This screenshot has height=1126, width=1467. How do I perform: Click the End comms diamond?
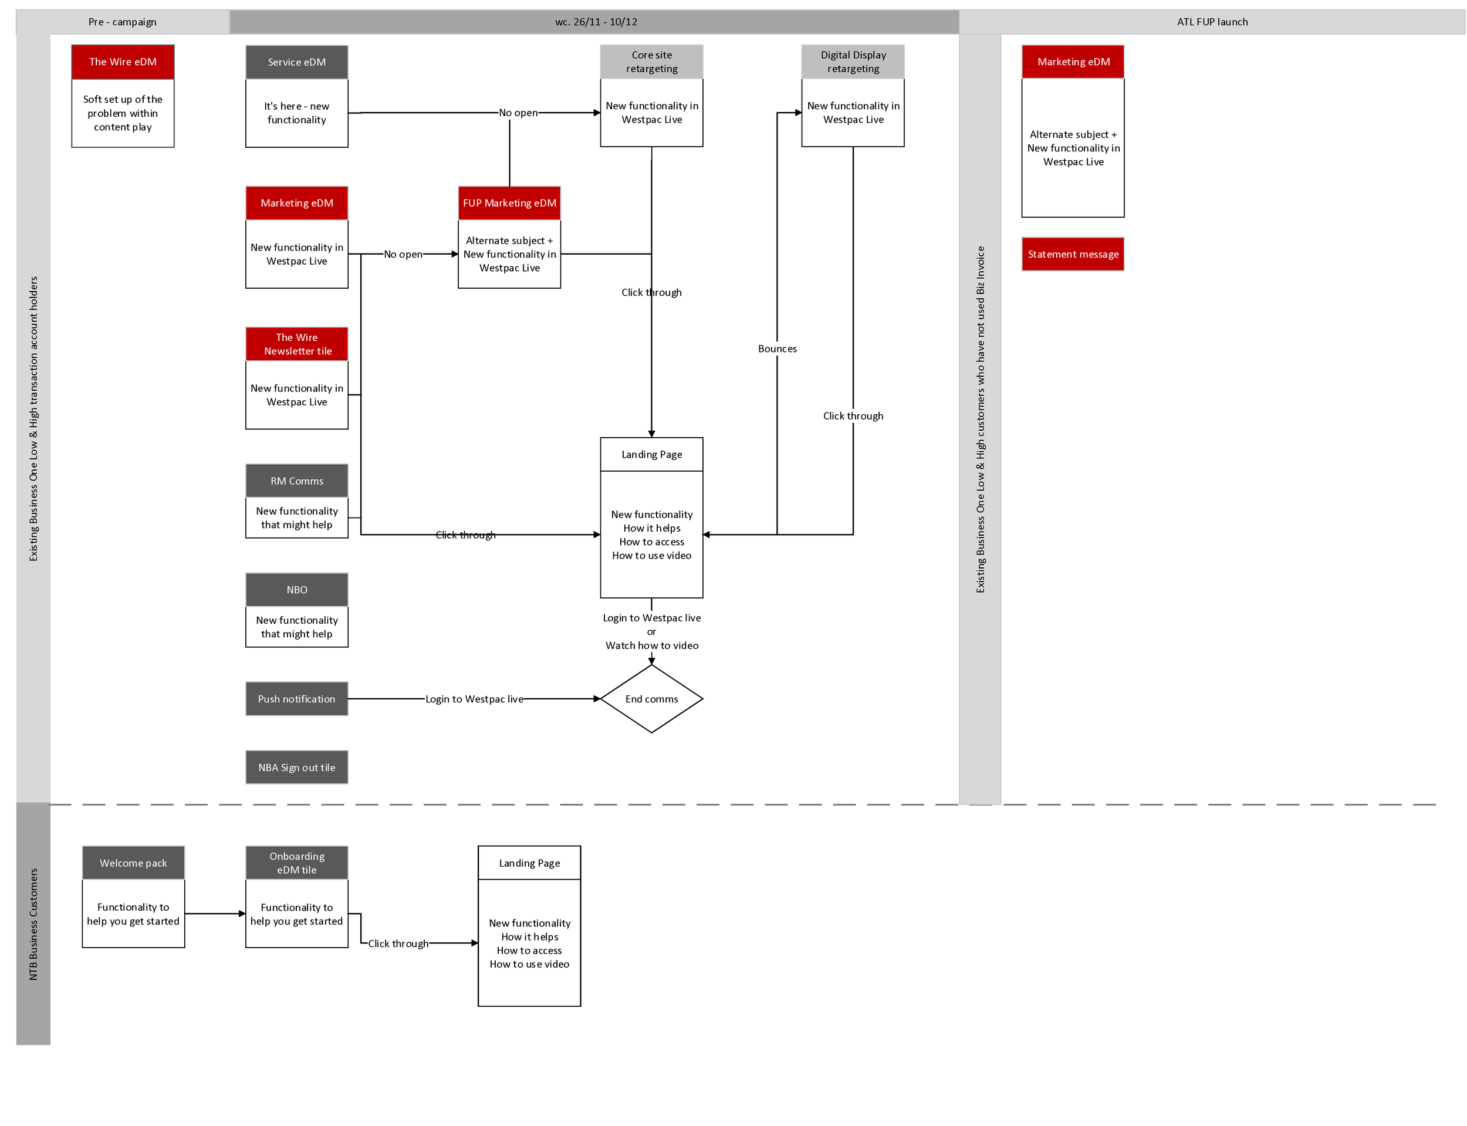pos(651,698)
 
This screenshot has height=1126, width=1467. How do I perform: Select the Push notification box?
pos(296,698)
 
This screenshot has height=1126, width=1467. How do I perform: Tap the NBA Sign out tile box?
pos(296,767)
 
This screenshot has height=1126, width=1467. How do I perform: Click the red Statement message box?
pos(1072,254)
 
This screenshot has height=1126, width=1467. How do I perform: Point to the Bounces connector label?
pos(777,349)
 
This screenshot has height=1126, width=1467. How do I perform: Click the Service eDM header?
pos(296,62)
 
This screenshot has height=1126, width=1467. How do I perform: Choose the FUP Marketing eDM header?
pos(509,203)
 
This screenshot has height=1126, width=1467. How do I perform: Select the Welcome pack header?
pos(133,863)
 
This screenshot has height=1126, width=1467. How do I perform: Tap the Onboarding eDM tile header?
pos(296,863)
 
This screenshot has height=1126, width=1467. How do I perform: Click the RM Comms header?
pos(296,481)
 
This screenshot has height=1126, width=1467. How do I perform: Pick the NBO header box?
pos(296,590)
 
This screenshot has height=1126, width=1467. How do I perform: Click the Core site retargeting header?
pos(651,62)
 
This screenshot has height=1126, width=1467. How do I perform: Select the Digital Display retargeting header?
pos(853,62)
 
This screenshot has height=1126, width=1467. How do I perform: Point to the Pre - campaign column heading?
pos(122,22)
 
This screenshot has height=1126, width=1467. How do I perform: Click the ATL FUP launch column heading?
pos(1212,22)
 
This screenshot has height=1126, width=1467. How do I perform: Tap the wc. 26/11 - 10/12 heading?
pos(595,22)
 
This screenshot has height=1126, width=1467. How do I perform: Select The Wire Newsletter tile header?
pos(296,344)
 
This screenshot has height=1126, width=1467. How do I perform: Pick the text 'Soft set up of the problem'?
pos(122,106)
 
